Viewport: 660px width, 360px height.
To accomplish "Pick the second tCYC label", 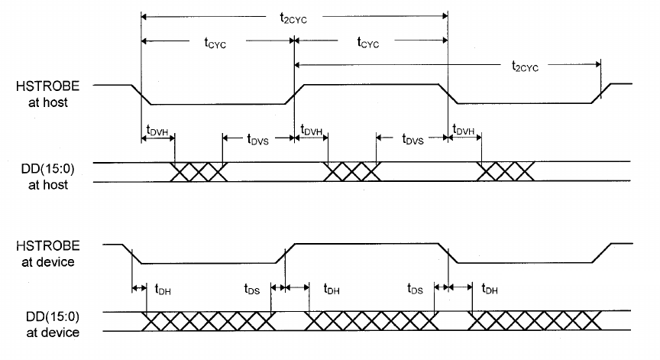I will (370, 44).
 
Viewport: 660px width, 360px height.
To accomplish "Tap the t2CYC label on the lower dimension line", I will (525, 66).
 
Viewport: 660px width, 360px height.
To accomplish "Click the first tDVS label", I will (257, 139).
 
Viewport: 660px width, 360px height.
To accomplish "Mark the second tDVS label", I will (410, 139).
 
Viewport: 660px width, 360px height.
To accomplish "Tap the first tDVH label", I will (158, 131).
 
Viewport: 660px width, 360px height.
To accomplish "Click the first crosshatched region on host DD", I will (198, 172).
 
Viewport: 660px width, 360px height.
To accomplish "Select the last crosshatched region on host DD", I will (505, 172).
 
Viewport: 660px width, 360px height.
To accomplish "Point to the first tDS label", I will (252, 290).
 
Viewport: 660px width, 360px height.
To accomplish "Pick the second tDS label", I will (415, 290).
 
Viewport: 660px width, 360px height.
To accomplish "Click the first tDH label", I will (163, 290).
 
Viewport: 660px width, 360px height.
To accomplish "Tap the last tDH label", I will (490, 290).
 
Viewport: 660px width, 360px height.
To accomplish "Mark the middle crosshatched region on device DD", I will (370, 321).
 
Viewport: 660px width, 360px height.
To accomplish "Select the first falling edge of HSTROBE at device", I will (133, 255).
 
